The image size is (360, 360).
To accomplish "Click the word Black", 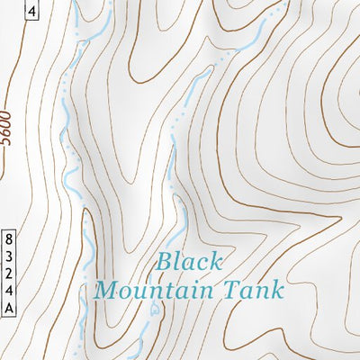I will [188, 262].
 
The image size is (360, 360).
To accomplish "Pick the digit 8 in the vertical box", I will [9, 238].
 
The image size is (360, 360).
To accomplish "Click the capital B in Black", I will [164, 262].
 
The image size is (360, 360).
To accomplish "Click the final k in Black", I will [215, 262].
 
